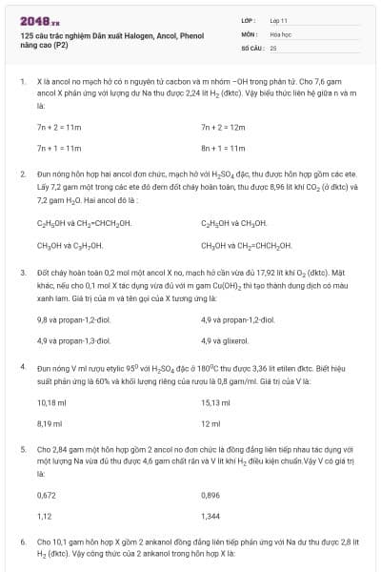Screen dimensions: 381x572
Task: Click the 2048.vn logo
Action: [39, 20]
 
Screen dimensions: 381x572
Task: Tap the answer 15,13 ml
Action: [215, 401]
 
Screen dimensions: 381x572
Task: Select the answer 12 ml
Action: [211, 422]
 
